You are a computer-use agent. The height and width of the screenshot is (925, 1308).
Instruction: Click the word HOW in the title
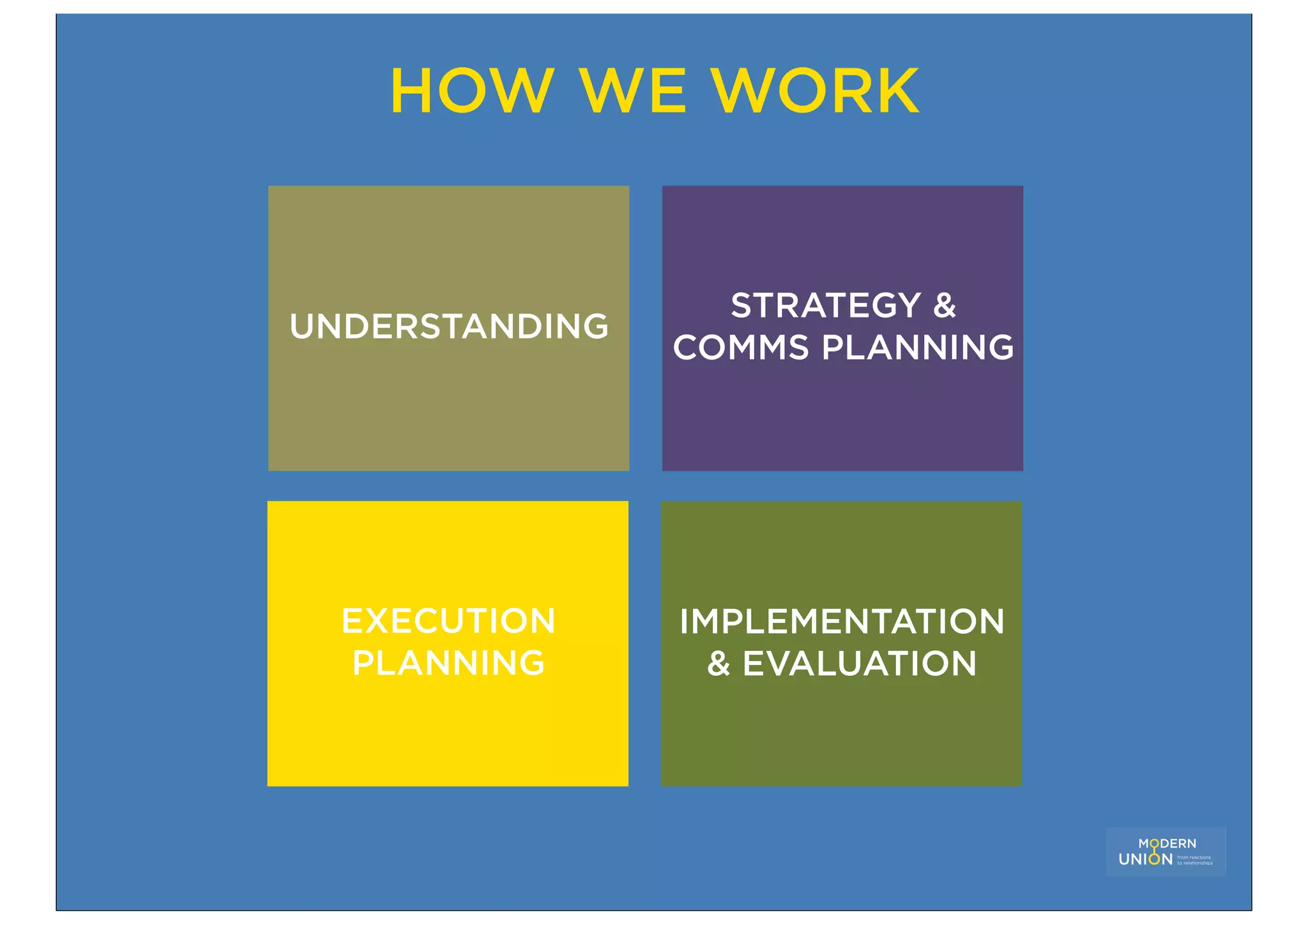point(471,91)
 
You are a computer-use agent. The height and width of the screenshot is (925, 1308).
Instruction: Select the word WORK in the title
point(816,91)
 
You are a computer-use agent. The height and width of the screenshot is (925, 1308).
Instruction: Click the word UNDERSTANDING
point(449,326)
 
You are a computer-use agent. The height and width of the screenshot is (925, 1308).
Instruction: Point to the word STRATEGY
point(826,305)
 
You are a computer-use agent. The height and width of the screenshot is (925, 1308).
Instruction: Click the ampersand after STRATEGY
point(945,305)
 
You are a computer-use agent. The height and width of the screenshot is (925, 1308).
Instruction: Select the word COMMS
point(741,348)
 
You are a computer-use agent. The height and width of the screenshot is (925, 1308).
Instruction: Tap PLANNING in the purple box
point(918,348)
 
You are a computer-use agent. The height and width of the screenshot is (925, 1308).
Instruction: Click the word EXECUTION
point(448,621)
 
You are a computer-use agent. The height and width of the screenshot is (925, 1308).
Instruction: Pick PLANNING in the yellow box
point(448,663)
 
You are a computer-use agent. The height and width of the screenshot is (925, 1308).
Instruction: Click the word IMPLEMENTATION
point(842,622)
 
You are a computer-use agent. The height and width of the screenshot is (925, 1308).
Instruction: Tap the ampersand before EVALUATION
point(719,664)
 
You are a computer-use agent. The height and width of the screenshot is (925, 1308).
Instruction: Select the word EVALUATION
point(860,664)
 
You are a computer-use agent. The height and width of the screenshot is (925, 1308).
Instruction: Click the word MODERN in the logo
point(1167,844)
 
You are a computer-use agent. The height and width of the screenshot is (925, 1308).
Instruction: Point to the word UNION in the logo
point(1145,860)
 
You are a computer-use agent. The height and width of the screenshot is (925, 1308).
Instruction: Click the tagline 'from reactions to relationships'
point(1194,860)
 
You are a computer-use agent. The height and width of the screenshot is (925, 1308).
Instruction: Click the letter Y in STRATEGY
point(907,305)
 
